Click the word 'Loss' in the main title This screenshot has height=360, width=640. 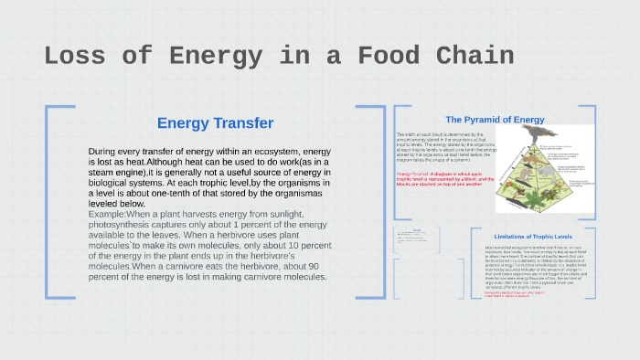point(76,57)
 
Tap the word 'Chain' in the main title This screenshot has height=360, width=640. point(468,57)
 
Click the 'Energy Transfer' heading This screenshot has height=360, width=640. point(215,123)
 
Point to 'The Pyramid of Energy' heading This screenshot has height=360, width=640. point(495,120)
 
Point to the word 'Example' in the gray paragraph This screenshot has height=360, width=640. point(107,214)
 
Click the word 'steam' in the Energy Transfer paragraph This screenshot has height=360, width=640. point(108,172)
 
